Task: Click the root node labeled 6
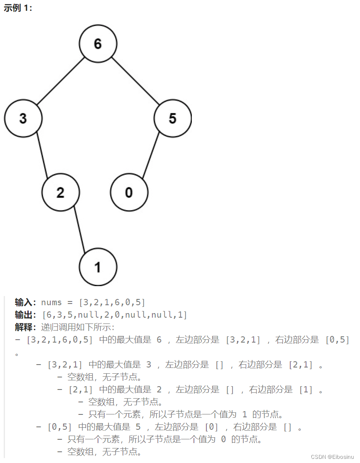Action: pos(98,44)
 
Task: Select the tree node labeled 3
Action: pos(23,118)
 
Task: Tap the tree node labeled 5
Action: pos(172,118)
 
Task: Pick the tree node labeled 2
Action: pos(61,193)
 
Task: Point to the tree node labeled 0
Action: pos(129,193)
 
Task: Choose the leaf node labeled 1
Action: pos(98,267)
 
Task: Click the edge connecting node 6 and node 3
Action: pos(61,81)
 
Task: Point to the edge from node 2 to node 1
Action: pos(79,230)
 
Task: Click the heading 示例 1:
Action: pos(18,8)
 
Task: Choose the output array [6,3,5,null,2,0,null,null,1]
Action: pos(115,315)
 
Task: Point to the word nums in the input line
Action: pos(51,302)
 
